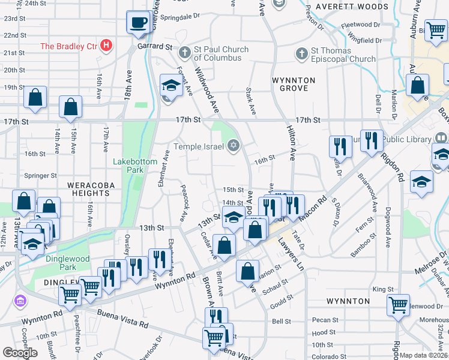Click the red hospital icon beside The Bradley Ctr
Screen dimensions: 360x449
[107, 45]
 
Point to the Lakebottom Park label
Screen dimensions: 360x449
[136, 166]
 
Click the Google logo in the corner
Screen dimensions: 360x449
[20, 353]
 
